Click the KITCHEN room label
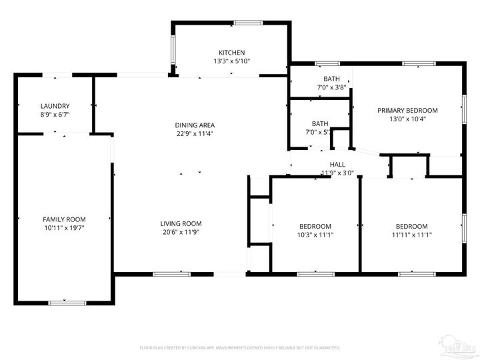231,53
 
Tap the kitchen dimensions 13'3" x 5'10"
231,61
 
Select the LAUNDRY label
55,106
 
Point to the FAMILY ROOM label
64,219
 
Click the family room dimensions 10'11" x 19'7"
64,228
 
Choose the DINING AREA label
195,125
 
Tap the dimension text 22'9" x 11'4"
195,133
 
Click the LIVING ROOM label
181,223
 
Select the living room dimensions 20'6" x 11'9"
181,232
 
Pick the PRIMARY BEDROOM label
407,111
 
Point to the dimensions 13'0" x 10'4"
407,119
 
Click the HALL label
337,164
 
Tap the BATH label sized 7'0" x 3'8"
331,79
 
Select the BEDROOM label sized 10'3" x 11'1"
315,226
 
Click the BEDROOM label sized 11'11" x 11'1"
411,226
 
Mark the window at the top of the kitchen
247,23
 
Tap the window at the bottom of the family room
67,303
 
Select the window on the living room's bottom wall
171,273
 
